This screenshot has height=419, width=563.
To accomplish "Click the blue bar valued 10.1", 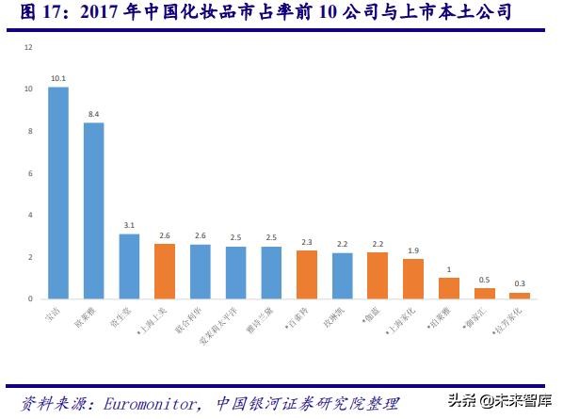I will pos(58,193).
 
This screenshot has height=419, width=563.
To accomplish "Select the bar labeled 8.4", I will pos(93,211).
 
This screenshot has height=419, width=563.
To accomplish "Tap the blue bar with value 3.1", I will pos(129,266).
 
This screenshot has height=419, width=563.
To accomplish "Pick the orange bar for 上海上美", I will pos(165,271).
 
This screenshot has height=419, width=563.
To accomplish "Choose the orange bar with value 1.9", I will pos(413,279).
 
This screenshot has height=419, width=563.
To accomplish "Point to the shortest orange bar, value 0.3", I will pos(520,296).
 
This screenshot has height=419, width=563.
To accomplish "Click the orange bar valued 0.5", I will pos(484,294).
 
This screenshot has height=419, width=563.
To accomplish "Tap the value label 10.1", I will pos(58,78).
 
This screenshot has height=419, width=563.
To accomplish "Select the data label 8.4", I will pos(93,114).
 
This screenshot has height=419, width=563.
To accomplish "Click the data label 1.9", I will pos(413,250).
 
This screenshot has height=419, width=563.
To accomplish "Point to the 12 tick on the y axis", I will pos(28,47).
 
